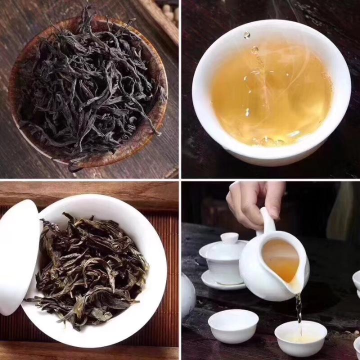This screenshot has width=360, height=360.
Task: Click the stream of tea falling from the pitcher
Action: [x=299, y=307]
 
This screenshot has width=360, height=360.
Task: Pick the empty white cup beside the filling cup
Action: [x=233, y=325]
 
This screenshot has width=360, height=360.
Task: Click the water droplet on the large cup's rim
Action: [x=247, y=34]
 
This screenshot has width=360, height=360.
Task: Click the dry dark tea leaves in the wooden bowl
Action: [x=85, y=85]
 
